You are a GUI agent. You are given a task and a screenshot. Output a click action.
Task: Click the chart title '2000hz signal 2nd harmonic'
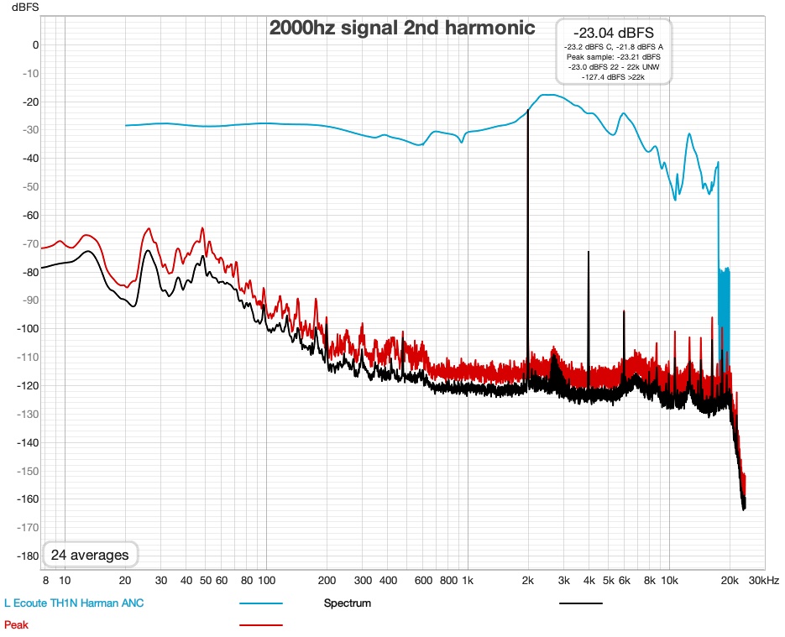coord(401,28)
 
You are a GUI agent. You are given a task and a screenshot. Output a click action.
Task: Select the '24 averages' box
coord(90,555)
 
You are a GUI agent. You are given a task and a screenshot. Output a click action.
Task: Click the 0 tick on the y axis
coord(35,45)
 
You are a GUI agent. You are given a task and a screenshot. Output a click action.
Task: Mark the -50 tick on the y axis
coord(29,187)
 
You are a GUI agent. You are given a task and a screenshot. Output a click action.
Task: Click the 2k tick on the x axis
coord(528,580)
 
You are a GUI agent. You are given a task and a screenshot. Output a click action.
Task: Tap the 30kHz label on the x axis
coord(765,580)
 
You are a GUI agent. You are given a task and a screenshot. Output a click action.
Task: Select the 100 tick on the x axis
coord(266,580)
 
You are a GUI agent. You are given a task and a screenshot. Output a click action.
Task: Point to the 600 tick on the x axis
coord(423,580)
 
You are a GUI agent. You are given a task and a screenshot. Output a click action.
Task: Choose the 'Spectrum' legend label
coord(347,603)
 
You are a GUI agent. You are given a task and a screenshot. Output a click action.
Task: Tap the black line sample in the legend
coord(581,603)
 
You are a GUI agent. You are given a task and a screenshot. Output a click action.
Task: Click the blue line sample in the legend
coord(261,603)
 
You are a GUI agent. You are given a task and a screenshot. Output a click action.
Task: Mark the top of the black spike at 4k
coord(589,252)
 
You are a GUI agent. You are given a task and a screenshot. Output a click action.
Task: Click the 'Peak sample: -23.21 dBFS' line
coord(613,56)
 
